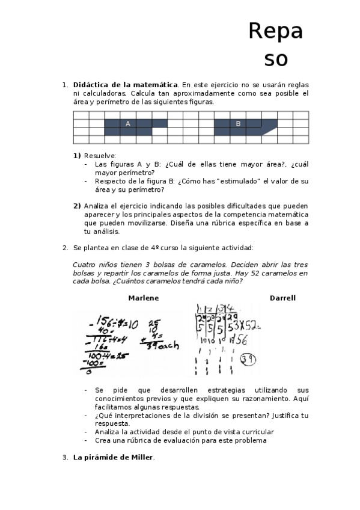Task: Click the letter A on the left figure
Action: click(x=128, y=123)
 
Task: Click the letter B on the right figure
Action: click(x=238, y=123)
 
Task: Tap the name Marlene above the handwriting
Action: click(x=144, y=298)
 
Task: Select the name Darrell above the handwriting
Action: click(x=282, y=298)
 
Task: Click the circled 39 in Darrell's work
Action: click(x=246, y=360)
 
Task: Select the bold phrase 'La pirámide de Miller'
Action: click(x=113, y=458)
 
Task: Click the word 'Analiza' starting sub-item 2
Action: click(x=98, y=206)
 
